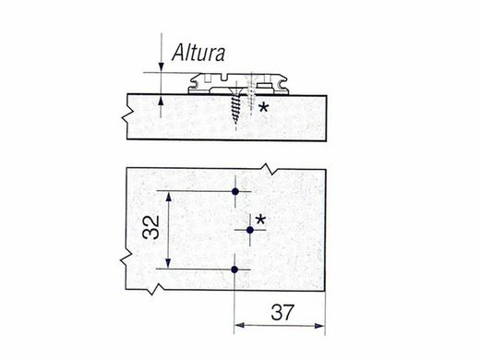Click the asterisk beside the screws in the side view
pos(264,109)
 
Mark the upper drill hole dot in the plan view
pos(235,192)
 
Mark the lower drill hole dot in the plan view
pos(235,270)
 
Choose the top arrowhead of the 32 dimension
pos(168,197)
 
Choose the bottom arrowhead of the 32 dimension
pos(168,265)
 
